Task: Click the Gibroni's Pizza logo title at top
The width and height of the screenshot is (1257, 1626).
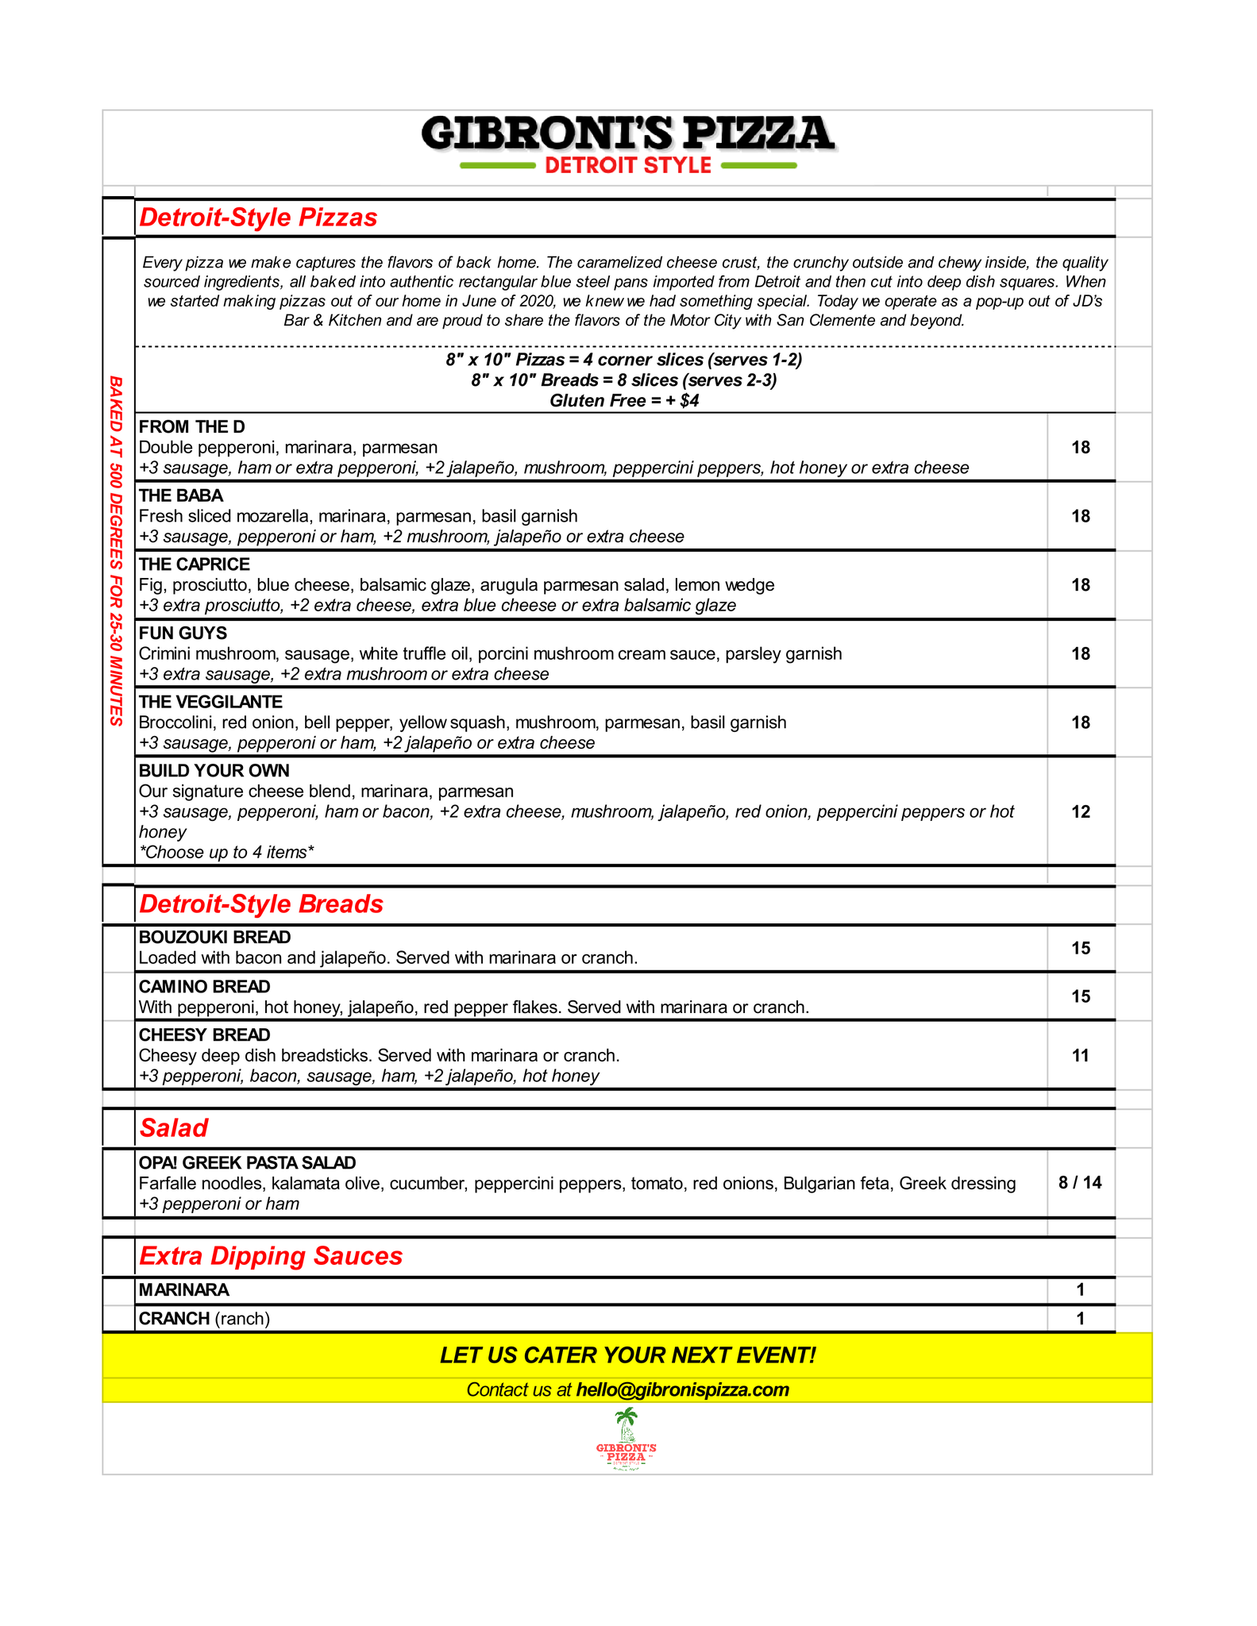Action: point(627,133)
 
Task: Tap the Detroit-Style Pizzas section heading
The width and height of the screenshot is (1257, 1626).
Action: point(258,218)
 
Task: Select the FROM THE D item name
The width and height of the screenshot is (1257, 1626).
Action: point(192,427)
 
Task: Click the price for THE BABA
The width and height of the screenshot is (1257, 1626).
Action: point(1080,516)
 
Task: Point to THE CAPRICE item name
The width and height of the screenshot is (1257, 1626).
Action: point(195,564)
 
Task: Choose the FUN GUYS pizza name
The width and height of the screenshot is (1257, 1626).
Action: point(183,634)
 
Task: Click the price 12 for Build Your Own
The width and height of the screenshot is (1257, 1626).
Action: point(1080,811)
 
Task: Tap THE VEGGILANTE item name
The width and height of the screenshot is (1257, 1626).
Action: point(210,702)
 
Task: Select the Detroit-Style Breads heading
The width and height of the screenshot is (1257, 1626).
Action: point(261,904)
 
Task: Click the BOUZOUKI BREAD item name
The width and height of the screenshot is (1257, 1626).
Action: point(214,938)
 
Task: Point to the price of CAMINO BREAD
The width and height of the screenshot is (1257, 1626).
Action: point(1080,996)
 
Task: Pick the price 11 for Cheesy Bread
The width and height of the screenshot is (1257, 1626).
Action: point(1080,1055)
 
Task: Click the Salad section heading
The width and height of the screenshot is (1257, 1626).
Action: point(174,1128)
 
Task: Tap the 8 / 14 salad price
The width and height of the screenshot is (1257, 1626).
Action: point(1080,1183)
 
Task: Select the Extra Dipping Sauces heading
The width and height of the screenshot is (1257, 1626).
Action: point(271,1256)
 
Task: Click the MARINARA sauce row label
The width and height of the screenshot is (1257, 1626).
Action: point(184,1290)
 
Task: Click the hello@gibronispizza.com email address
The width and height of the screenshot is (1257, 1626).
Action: point(683,1389)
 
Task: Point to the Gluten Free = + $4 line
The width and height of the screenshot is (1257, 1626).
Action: point(624,401)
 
